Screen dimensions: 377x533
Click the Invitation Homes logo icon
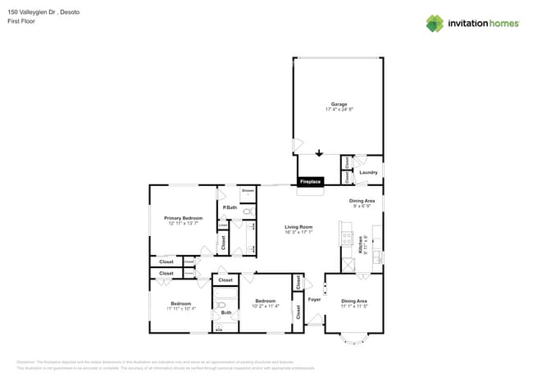tap(435, 23)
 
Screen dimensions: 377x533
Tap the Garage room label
tap(339, 104)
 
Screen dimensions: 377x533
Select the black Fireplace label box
tap(310, 181)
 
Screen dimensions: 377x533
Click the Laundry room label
tap(368, 172)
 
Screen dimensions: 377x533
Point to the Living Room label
tap(298, 227)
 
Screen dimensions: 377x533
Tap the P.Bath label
tap(230, 208)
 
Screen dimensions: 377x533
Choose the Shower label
tap(248, 190)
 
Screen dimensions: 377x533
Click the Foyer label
tap(314, 300)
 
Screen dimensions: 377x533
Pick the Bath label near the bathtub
tap(225, 312)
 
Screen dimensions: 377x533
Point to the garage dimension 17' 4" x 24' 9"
tap(339, 110)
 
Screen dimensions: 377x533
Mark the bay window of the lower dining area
tap(354, 338)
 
